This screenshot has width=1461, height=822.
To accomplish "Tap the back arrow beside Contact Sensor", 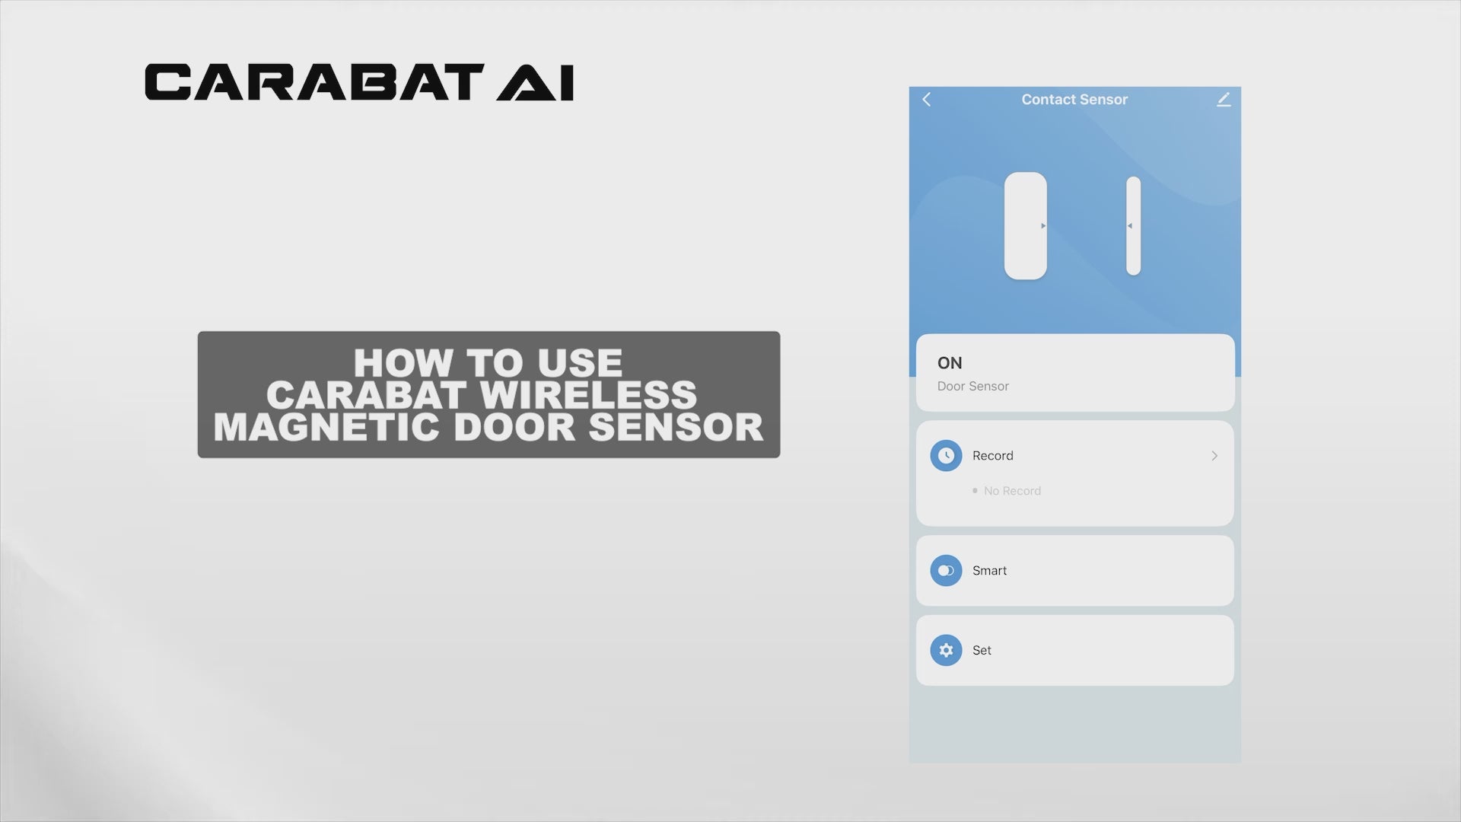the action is point(927,99).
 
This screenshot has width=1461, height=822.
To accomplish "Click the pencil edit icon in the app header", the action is point(1224,99).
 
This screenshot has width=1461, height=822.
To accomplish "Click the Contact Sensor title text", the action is point(1074,99).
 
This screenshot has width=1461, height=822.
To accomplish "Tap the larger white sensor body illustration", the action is point(1026,225).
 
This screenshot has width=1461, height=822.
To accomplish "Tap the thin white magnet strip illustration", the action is point(1134,225).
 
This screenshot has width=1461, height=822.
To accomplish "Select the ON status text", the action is point(950,363).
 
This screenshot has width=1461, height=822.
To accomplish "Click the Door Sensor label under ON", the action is point(973,386).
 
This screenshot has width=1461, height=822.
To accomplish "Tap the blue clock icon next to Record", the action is point(946,455).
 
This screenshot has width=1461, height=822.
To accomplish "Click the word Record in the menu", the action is point(993,455).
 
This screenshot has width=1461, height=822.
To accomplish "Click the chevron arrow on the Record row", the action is point(1214,455).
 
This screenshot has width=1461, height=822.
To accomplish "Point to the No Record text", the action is point(1012,491).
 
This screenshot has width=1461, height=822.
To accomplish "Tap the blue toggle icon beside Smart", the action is point(946,570).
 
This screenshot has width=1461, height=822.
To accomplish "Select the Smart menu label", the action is point(989,570).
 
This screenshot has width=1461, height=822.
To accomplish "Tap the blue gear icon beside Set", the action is point(946,650).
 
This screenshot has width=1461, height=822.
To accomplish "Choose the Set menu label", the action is point(982,650).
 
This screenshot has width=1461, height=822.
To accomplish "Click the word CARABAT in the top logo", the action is point(314,82).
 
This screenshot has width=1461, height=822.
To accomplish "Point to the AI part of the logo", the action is point(535,82).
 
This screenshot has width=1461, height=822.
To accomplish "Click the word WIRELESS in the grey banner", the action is point(588,395).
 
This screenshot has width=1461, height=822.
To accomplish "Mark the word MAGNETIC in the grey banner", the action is point(326,427).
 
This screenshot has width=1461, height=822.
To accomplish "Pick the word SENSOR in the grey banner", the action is point(676,427).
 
